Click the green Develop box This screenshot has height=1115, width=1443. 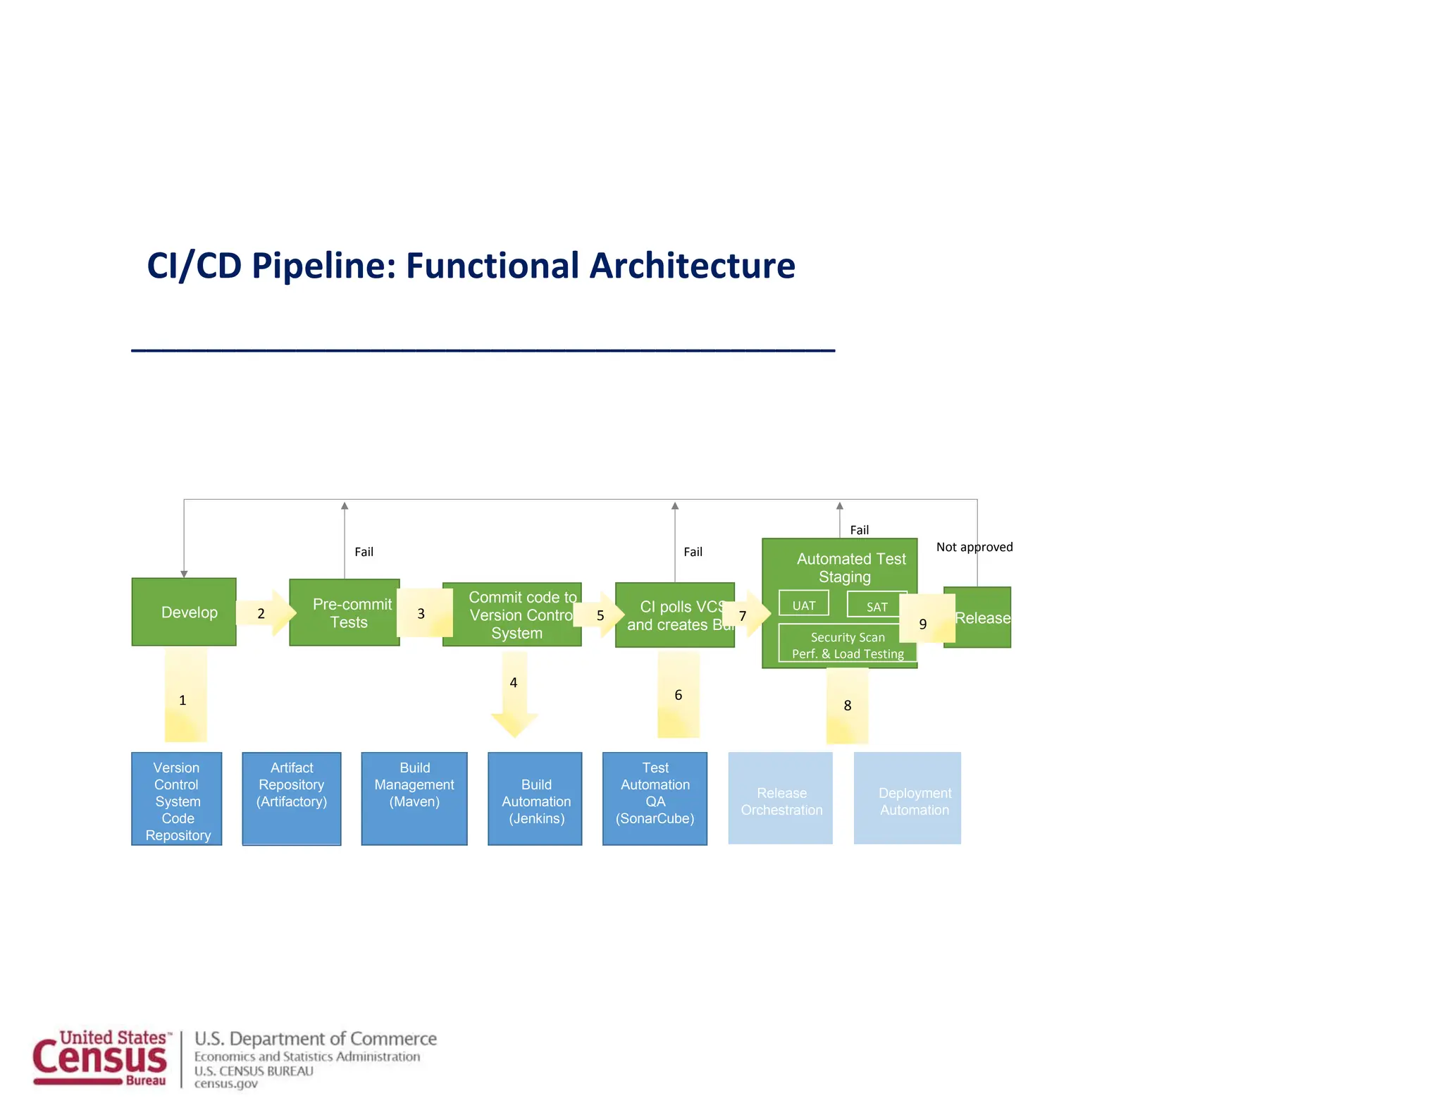(184, 612)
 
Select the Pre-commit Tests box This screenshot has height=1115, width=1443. (345, 612)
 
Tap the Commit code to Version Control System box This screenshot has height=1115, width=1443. (512, 615)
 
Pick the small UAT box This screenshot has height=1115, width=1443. (803, 604)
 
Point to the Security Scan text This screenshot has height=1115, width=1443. (847, 637)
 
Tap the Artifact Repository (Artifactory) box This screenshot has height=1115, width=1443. (292, 798)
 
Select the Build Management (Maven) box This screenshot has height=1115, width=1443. (414, 798)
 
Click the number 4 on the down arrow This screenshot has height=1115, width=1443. (514, 682)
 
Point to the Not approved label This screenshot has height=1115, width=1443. (974, 547)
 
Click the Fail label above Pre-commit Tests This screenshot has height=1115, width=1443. (364, 552)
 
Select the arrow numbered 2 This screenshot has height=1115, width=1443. (265, 613)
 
